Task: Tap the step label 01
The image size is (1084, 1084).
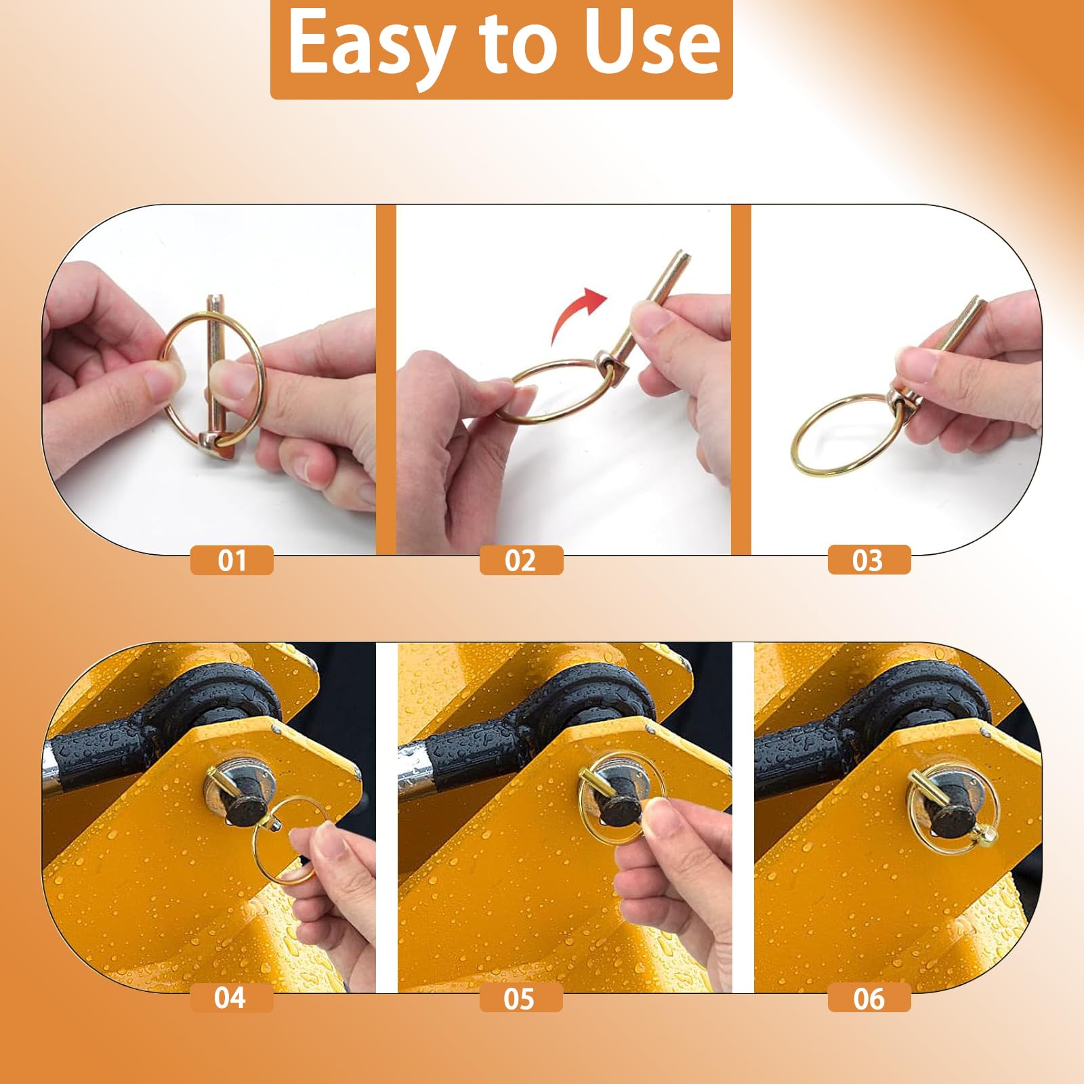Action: pyautogui.click(x=232, y=560)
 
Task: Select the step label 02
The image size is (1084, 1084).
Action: pyautogui.click(x=521, y=560)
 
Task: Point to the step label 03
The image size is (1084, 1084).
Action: pyautogui.click(x=869, y=560)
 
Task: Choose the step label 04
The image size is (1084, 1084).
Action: pyautogui.click(x=230, y=998)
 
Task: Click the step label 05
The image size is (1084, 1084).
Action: pyautogui.click(x=520, y=998)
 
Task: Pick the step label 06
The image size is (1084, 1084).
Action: pyautogui.click(x=869, y=998)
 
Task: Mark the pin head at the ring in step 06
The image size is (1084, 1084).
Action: pyautogui.click(x=984, y=837)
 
